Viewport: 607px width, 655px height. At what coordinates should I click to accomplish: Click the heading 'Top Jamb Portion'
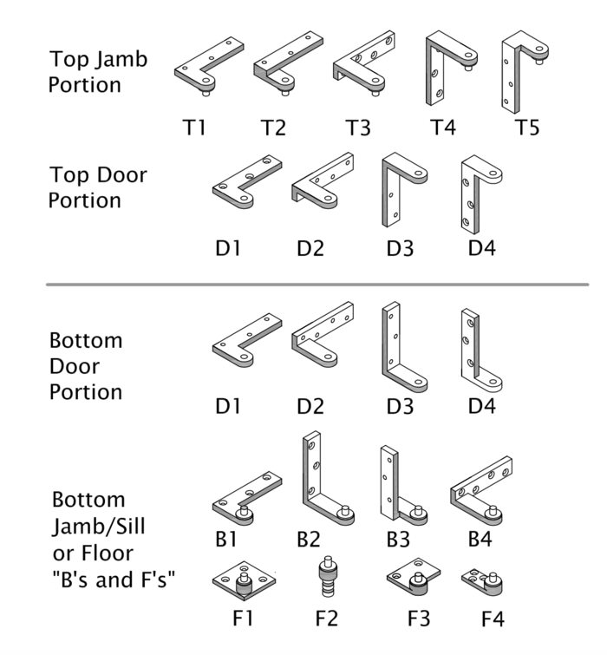[x=97, y=72]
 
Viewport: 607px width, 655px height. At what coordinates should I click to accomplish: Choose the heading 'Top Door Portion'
[x=97, y=187]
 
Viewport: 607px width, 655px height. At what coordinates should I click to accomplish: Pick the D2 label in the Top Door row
[x=310, y=249]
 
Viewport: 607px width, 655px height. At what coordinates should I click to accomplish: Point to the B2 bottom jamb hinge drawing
[x=323, y=481]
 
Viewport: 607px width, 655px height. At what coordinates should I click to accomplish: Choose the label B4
[x=480, y=539]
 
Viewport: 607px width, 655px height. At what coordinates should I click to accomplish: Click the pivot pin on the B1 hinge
[x=245, y=511]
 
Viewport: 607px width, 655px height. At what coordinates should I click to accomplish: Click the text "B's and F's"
[x=114, y=579]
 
